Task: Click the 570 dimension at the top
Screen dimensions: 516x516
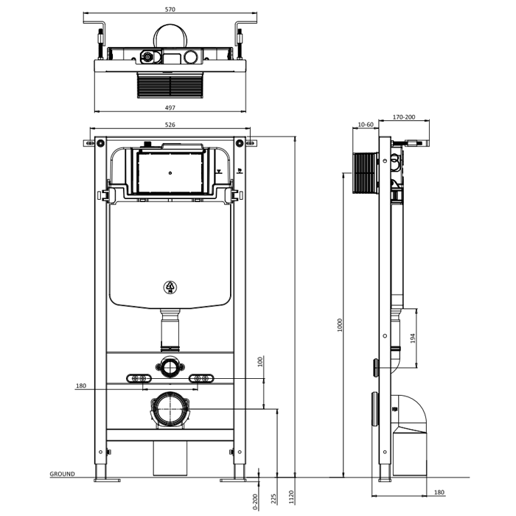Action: tap(170, 10)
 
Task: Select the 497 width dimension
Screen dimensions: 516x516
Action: tap(170, 108)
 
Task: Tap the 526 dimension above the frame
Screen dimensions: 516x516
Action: tap(170, 125)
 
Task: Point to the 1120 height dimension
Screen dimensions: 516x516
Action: tap(291, 497)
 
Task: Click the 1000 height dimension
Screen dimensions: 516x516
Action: tap(340, 325)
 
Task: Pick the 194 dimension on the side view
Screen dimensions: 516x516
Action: tap(413, 338)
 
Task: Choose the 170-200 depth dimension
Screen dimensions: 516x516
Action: tap(404, 116)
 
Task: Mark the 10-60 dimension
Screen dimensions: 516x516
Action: tap(366, 125)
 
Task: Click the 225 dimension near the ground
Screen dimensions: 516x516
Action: tap(273, 498)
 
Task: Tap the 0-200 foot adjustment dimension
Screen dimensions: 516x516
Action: tap(256, 502)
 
